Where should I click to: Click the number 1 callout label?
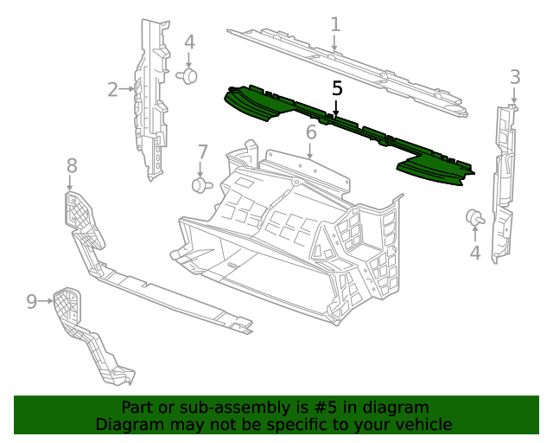(x=335, y=24)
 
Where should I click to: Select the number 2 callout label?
(x=113, y=89)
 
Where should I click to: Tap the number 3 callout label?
(x=515, y=77)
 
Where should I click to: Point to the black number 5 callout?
(x=337, y=88)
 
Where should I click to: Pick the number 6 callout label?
(x=311, y=132)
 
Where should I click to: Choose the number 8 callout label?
(x=72, y=164)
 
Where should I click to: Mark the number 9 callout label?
(x=32, y=301)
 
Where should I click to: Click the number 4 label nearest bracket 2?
(x=189, y=42)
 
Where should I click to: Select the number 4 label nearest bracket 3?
(x=474, y=253)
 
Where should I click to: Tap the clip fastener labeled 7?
(x=201, y=185)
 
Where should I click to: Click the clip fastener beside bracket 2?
(x=188, y=77)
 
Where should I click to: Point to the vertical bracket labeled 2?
(x=150, y=104)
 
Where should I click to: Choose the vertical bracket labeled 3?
(x=502, y=182)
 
